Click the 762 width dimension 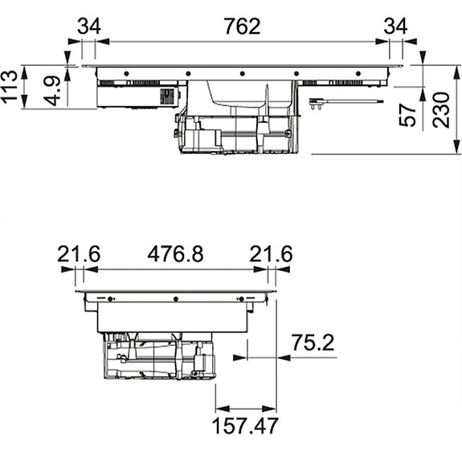coord(242,27)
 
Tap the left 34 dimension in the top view coord(89,27)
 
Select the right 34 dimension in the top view coord(395,27)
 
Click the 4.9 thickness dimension coord(52,91)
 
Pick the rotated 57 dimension coord(407,115)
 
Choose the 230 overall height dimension coord(441,110)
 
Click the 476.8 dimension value coord(175,254)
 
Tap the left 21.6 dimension coord(79,254)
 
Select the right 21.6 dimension coord(271,254)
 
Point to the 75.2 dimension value coord(313,343)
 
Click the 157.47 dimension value coord(245,425)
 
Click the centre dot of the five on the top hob coord(242,74)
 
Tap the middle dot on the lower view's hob coord(176,299)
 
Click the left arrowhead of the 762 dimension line coord(103,42)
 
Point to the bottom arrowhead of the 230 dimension coord(457,146)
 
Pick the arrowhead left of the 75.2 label coord(240,358)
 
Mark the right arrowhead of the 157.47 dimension coord(269,409)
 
